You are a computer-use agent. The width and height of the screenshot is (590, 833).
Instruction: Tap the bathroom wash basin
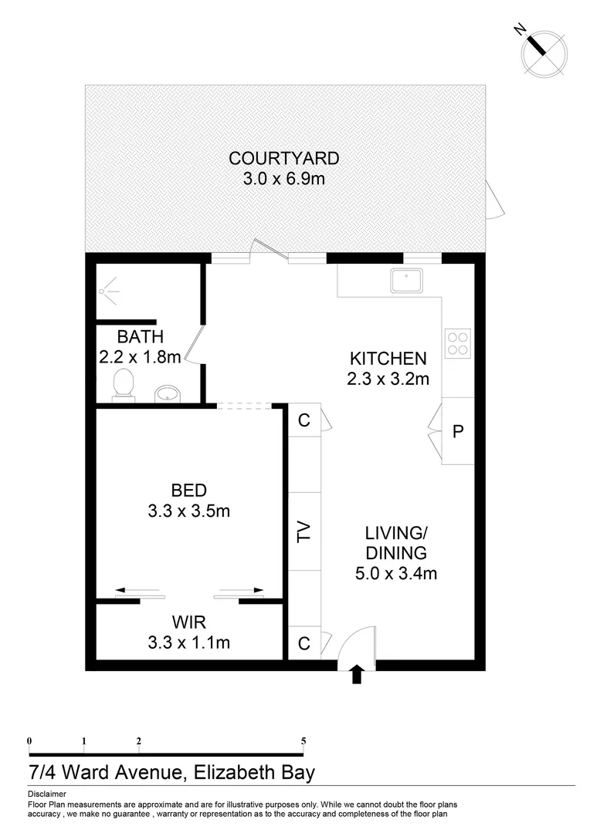click(x=166, y=393)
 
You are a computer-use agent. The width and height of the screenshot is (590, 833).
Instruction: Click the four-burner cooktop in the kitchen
click(x=458, y=342)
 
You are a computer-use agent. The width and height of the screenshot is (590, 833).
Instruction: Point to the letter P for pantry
click(x=457, y=431)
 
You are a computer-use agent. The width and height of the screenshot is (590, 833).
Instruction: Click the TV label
click(x=303, y=532)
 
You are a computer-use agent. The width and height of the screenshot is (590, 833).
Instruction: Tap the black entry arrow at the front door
click(x=356, y=673)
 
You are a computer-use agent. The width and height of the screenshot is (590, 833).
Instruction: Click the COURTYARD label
click(x=283, y=159)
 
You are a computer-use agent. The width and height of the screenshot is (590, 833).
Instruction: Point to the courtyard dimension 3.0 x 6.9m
click(x=283, y=180)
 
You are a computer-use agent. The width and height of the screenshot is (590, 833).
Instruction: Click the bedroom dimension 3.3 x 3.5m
click(x=189, y=510)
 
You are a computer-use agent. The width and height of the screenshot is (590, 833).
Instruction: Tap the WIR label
click(x=189, y=621)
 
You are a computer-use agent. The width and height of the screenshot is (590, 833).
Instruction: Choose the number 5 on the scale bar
click(x=303, y=741)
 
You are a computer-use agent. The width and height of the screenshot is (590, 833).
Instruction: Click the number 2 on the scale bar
click(x=139, y=741)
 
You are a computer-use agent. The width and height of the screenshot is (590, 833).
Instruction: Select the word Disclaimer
click(x=46, y=794)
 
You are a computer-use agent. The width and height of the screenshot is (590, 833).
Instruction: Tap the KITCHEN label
click(x=388, y=358)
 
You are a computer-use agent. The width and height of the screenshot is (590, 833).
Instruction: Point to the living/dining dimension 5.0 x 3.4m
click(x=396, y=573)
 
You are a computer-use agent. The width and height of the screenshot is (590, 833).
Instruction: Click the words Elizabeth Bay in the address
click(x=254, y=772)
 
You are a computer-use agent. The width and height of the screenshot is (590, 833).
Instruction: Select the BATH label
click(x=141, y=336)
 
